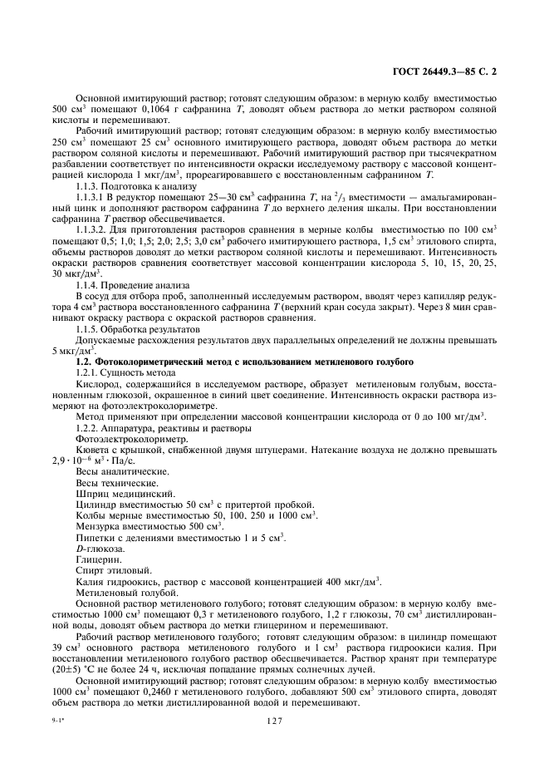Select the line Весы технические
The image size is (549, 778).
(115, 482)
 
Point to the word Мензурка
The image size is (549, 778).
(98, 526)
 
